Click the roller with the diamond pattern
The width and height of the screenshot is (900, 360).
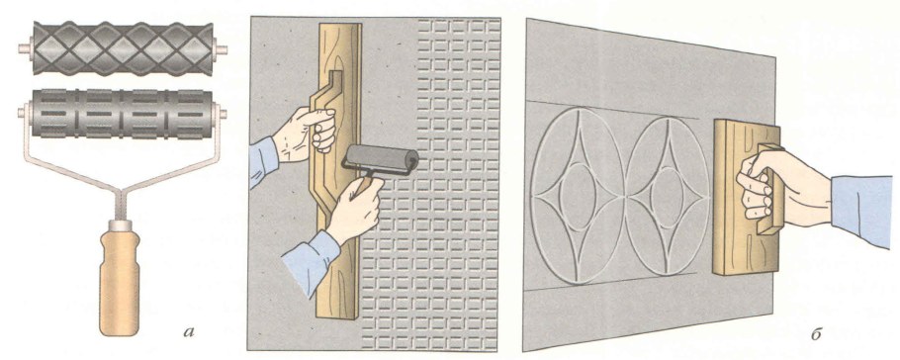click(x=123, y=48)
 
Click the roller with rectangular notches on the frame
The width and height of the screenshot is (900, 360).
click(x=123, y=114)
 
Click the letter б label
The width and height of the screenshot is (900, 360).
click(x=816, y=333)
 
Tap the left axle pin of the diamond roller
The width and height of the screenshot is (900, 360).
click(x=26, y=48)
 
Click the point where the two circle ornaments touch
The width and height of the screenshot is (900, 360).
click(x=624, y=197)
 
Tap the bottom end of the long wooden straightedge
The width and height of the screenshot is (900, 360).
click(x=337, y=315)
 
